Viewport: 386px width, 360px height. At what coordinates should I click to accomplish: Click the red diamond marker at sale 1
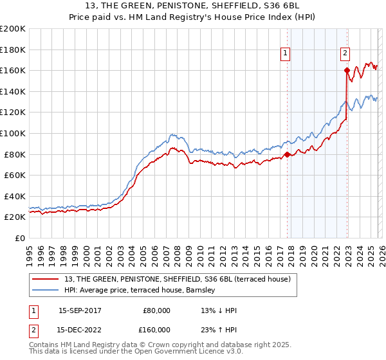(x=287, y=154)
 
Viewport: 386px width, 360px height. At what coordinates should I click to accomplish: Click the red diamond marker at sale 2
(x=347, y=70)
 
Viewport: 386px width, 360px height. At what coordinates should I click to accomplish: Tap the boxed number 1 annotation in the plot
(x=285, y=53)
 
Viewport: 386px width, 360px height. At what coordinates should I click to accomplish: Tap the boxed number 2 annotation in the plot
(x=345, y=53)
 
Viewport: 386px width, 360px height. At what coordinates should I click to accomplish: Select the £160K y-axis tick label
(x=13, y=70)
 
